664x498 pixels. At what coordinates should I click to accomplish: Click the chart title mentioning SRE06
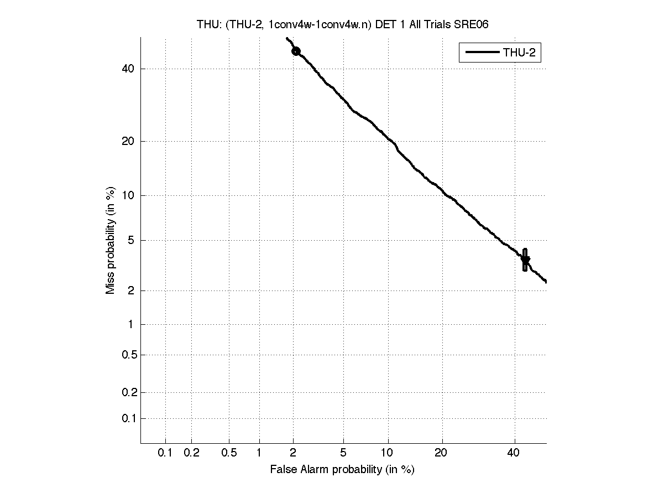[x=342, y=24]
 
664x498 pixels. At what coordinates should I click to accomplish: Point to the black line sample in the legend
[x=482, y=53]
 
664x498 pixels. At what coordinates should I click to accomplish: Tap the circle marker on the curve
[x=296, y=51]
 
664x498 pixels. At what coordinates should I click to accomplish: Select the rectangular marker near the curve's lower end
[x=525, y=260]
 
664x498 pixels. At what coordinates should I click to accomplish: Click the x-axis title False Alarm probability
[x=342, y=470]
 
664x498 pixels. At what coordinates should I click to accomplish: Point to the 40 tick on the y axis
[x=128, y=69]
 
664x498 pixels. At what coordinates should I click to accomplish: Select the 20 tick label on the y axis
[x=128, y=141]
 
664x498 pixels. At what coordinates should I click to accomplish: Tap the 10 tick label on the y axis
[x=128, y=195]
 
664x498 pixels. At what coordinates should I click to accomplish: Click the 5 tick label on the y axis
[x=131, y=240]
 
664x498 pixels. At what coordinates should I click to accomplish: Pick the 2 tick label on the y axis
[x=131, y=291]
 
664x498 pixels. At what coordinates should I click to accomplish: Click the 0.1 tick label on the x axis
[x=165, y=453]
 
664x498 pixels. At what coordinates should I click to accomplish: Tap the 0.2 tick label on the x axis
[x=191, y=453]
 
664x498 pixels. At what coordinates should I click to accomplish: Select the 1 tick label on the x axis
[x=259, y=453]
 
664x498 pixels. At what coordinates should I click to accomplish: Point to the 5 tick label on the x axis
[x=343, y=453]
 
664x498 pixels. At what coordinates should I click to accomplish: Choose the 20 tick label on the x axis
[x=441, y=453]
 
